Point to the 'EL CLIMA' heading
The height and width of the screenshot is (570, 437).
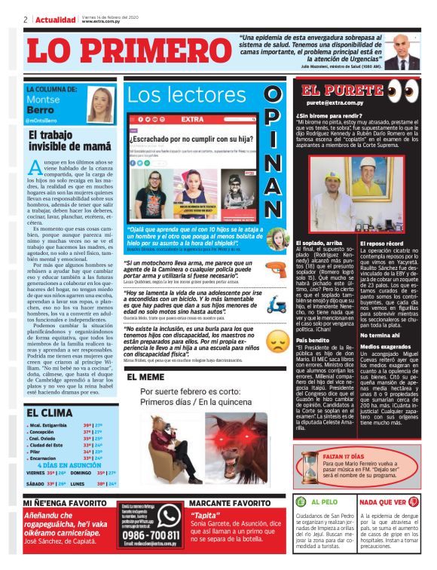(x=50, y=412)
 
